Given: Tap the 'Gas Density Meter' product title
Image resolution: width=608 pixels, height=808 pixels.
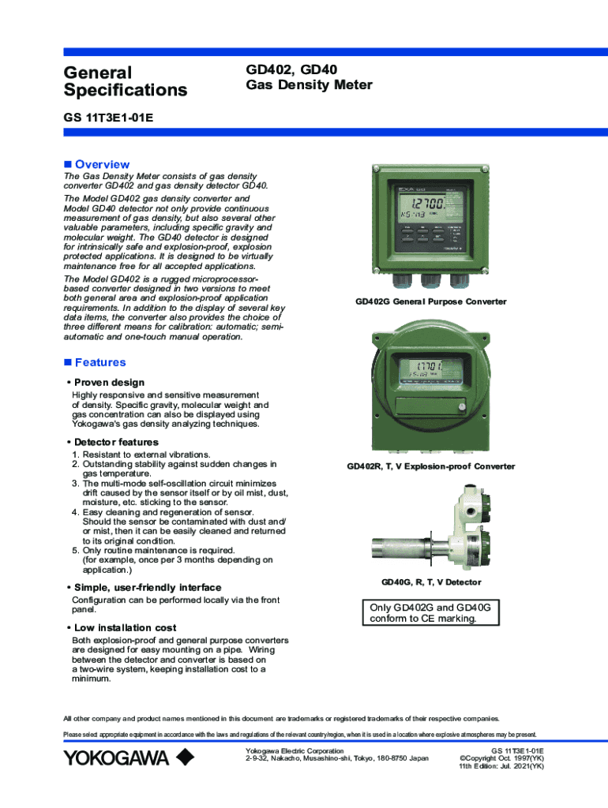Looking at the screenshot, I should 309,85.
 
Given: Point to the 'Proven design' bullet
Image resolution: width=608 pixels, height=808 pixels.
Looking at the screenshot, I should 109,383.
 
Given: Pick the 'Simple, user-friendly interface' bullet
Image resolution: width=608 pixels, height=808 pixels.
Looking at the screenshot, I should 148,588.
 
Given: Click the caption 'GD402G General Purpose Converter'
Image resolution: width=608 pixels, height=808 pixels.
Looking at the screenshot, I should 430,302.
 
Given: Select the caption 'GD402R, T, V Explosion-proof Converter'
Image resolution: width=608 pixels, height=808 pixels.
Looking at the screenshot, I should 430,466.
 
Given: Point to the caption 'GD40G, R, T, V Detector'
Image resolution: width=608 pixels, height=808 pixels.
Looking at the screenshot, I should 431,582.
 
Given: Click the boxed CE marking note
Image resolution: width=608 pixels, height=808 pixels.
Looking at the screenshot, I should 431,613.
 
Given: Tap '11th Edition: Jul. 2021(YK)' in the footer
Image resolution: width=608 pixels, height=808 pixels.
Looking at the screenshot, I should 501,766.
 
